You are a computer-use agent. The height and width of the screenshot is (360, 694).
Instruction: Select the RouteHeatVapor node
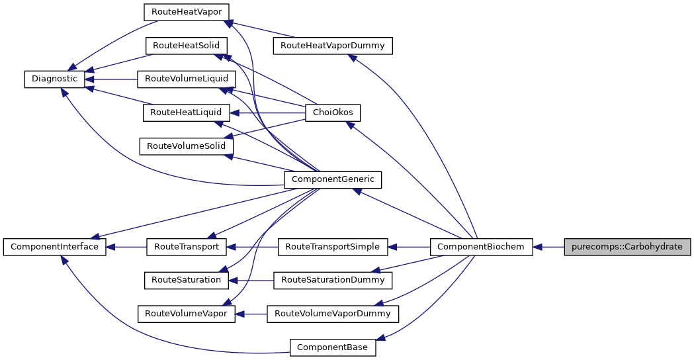187,12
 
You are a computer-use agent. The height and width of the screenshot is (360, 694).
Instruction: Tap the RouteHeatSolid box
187,46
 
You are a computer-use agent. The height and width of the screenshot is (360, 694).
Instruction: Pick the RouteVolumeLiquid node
186,79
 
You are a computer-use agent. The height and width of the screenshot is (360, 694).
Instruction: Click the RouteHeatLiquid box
186,112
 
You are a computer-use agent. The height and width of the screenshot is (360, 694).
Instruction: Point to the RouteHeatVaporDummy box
333,46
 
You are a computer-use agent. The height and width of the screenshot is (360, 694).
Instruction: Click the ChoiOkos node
333,112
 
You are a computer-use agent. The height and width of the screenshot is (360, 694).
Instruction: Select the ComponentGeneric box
333,179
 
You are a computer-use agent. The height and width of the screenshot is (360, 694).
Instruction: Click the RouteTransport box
186,247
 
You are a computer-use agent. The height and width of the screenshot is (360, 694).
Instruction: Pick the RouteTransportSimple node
332,247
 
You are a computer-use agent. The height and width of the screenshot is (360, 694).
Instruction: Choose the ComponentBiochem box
481,247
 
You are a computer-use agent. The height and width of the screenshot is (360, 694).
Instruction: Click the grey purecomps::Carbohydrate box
627,247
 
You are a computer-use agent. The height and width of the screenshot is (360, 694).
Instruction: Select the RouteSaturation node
186,280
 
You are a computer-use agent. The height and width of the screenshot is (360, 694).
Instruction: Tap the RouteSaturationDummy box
333,280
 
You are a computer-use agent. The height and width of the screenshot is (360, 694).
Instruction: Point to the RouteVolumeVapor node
186,313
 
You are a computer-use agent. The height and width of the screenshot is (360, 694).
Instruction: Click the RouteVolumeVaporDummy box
333,313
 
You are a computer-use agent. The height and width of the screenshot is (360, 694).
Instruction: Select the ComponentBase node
333,347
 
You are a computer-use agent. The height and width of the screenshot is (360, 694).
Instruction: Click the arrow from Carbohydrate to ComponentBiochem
549,247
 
